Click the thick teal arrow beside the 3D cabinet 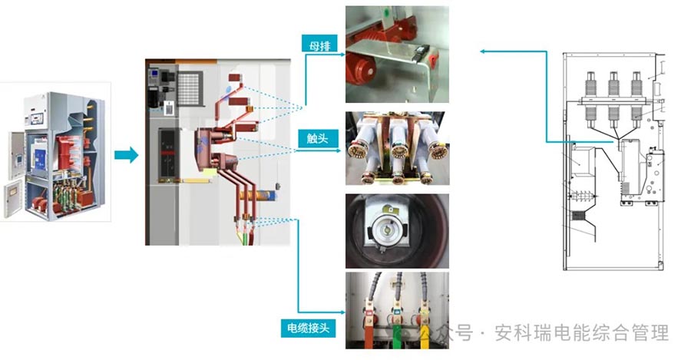126,156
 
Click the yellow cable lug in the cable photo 396,312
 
